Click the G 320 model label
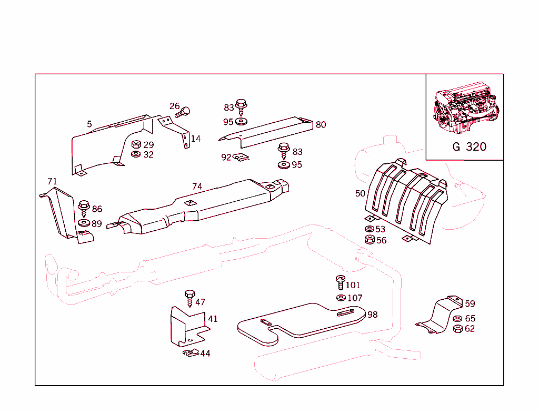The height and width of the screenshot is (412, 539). (469, 147)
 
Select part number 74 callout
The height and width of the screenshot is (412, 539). (197, 187)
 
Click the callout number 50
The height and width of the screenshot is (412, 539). (360, 193)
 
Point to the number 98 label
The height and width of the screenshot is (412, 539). (372, 315)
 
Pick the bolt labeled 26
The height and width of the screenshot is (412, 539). (184, 111)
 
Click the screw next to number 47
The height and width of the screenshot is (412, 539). (189, 298)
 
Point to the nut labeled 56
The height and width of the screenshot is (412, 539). (370, 240)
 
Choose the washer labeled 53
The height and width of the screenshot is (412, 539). (370, 229)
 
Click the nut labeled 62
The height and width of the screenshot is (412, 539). (457, 329)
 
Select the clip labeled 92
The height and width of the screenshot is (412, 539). (241, 157)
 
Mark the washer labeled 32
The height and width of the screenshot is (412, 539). (135, 154)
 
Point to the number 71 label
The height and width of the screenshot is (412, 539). (52, 181)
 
